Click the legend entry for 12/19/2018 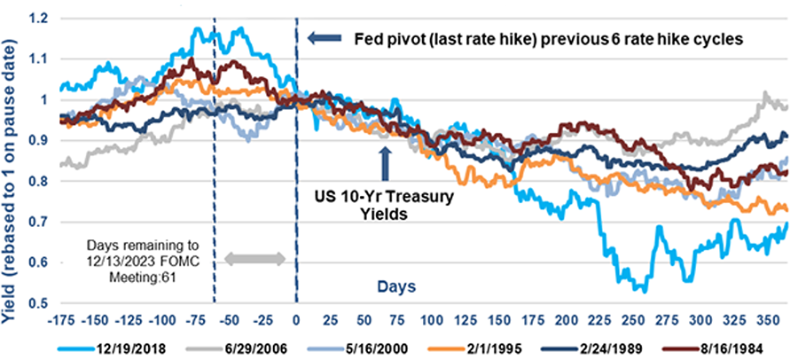pyautogui.click(x=123, y=343)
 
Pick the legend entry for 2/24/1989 pyautogui.click(x=608, y=343)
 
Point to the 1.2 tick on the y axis pyautogui.click(x=41, y=18)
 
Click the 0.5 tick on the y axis pyautogui.click(x=41, y=304)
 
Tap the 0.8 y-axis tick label pyautogui.click(x=41, y=182)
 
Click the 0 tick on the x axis pyautogui.click(x=296, y=317)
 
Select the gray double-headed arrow pyautogui.click(x=254, y=259)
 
